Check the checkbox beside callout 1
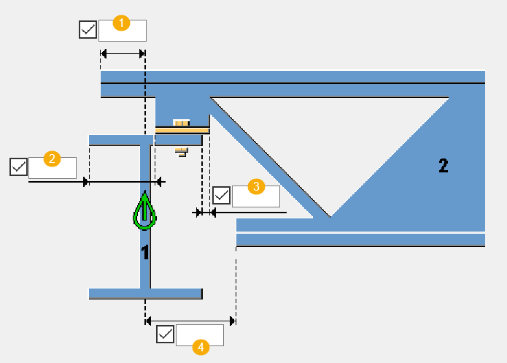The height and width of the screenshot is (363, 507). pyautogui.click(x=88, y=30)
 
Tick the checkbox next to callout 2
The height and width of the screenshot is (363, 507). pyautogui.click(x=18, y=167)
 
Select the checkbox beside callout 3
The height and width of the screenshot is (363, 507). pyautogui.click(x=221, y=196)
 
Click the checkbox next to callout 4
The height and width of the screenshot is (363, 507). pyautogui.click(x=166, y=335)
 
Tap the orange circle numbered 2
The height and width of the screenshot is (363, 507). pyautogui.click(x=52, y=158)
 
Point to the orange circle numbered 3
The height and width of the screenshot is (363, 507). pyautogui.click(x=255, y=186)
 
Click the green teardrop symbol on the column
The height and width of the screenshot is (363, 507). pyautogui.click(x=145, y=213)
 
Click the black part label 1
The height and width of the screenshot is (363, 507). pyautogui.click(x=145, y=253)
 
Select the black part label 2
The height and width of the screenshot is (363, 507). pyautogui.click(x=443, y=165)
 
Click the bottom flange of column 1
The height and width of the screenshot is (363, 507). pyautogui.click(x=145, y=294)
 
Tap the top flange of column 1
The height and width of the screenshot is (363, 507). pyautogui.click(x=117, y=140)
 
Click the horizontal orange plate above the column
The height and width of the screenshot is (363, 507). pyautogui.click(x=182, y=130)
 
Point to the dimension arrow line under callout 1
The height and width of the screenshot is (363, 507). pyautogui.click(x=123, y=53)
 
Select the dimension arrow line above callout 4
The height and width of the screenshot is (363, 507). pyautogui.click(x=190, y=320)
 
